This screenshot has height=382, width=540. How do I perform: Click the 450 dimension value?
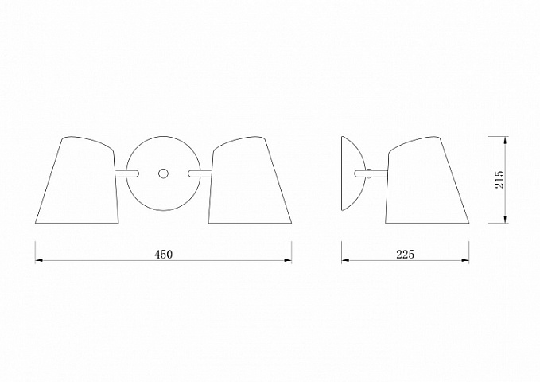(163, 255)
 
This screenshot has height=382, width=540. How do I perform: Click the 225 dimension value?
(405, 255)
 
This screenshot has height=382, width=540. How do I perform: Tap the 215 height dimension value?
(499, 179)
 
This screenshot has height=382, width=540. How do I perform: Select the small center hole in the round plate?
(163, 173)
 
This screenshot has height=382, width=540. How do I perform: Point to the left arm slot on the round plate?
(127, 173)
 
